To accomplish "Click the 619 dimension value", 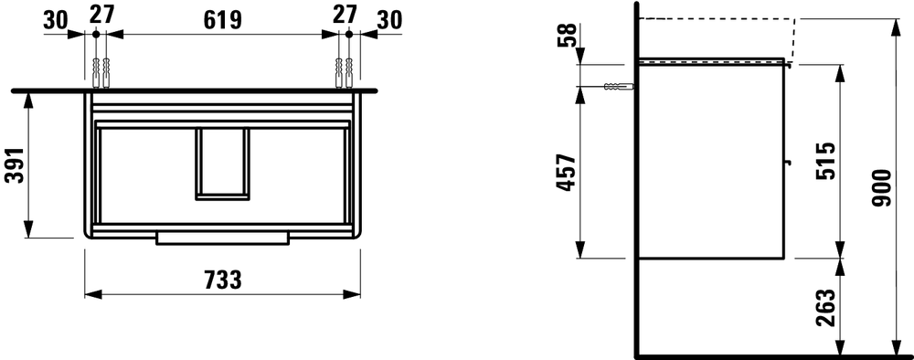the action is click(222, 20).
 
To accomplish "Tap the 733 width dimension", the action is click(223, 281).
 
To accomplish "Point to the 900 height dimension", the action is click(883, 188).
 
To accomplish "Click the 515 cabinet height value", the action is click(826, 160).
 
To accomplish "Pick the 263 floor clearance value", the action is click(826, 308).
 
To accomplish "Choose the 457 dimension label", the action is click(566, 173).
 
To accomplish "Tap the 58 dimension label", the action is click(566, 35).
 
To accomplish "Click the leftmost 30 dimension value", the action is click(56, 20).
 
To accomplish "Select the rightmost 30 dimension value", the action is click(390, 20).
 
